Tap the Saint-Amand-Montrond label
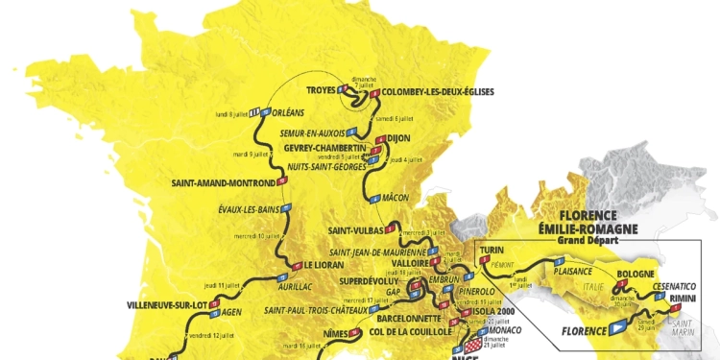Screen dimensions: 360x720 (223, 183)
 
